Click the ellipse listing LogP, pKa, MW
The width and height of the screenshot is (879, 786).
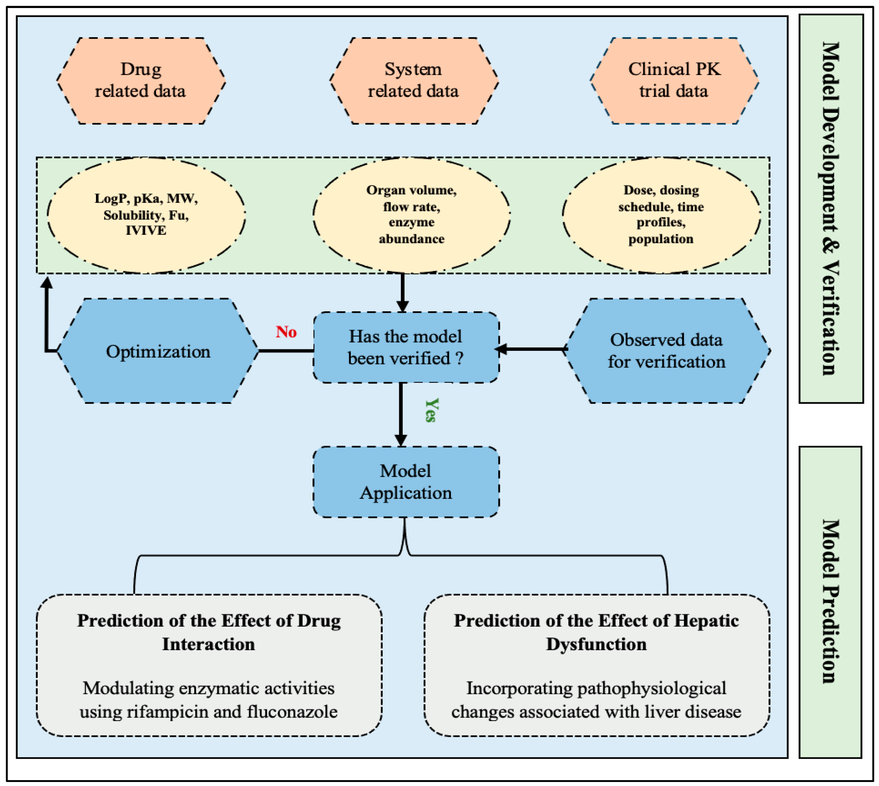146,215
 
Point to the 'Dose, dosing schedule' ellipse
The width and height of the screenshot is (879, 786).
661,215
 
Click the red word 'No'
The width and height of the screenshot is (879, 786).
286,332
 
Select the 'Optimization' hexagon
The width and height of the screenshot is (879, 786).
158,351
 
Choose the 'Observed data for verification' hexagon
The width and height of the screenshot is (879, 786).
666,351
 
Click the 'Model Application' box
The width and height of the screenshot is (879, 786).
406,482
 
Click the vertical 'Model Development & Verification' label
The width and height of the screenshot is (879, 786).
830,209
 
